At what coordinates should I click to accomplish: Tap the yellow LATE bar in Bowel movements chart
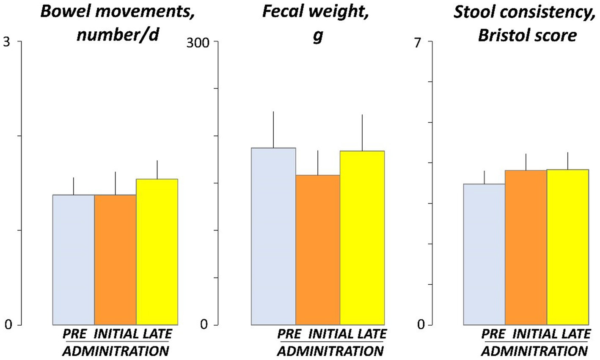tap(157, 252)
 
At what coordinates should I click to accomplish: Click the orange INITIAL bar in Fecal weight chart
tap(318, 250)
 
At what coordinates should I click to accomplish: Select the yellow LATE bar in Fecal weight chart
tap(362, 237)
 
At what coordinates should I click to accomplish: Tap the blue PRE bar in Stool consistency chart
tap(484, 254)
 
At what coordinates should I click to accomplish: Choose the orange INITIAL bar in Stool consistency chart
tap(526, 247)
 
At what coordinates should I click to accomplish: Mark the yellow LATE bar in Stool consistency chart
tap(568, 247)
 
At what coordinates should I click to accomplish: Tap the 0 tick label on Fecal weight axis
tap(204, 325)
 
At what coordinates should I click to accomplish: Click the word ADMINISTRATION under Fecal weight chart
tap(333, 351)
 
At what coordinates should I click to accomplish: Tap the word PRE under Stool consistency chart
tap(493, 334)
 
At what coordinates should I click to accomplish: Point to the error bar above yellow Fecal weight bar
tap(362, 132)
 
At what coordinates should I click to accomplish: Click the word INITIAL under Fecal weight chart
tap(331, 334)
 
